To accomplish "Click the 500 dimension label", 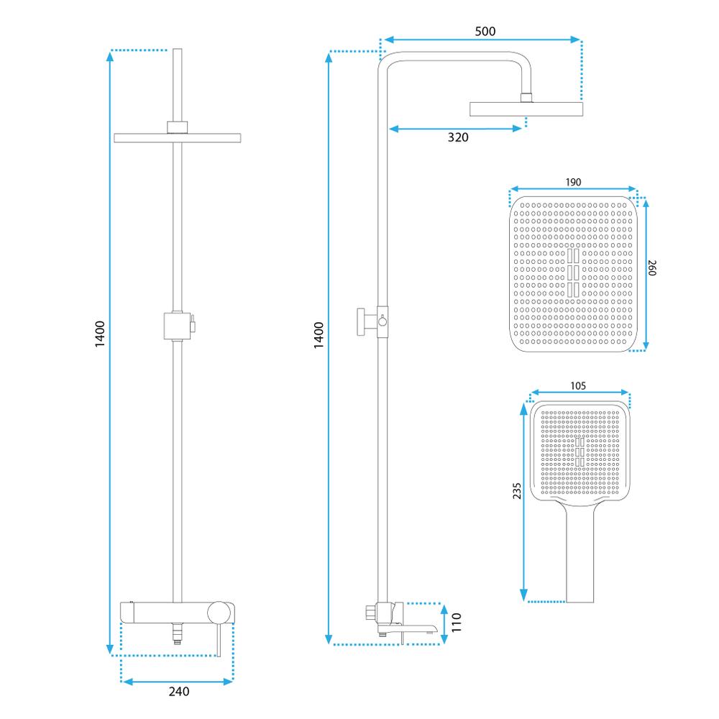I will [485, 32].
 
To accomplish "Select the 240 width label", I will [178, 692].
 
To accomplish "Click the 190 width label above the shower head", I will [572, 183].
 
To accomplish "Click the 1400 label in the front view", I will [100, 334].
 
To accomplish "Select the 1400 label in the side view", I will [319, 336].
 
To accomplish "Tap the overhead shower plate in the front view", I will [177, 137].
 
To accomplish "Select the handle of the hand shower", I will [581, 550].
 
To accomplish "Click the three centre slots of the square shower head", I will [573, 273].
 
